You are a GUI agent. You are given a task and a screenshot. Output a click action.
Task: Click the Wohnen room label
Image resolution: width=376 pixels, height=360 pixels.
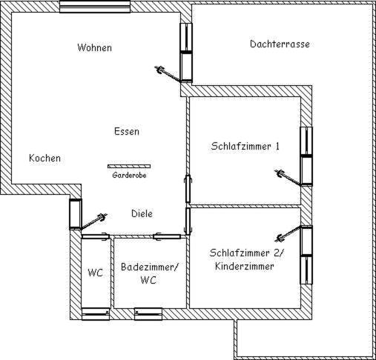[94, 47]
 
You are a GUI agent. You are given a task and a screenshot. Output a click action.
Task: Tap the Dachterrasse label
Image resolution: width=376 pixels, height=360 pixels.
[280, 44]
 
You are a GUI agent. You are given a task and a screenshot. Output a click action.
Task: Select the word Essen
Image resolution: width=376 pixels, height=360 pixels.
[127, 131]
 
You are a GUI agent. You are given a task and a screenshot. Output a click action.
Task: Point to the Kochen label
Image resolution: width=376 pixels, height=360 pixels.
[44, 158]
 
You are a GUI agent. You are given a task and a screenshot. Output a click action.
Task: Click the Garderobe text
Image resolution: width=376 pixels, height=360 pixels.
[129, 175]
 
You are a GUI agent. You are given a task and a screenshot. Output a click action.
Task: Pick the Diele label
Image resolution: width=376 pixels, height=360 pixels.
[142, 213]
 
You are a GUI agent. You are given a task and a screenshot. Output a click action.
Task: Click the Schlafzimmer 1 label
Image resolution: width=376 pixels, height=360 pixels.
[245, 146]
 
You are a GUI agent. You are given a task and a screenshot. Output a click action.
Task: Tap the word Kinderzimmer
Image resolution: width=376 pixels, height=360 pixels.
[245, 267]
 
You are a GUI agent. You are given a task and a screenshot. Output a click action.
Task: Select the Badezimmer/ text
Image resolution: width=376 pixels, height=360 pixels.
[149, 267]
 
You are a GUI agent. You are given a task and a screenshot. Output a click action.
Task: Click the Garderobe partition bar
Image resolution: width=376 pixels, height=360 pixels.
[129, 167]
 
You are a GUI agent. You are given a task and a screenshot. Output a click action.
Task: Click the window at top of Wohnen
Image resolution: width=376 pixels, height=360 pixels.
[95, 7]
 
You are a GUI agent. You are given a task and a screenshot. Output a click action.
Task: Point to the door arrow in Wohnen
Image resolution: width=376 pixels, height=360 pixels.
[167, 74]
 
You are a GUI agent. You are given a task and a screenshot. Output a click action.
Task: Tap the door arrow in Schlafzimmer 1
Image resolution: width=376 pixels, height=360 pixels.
[288, 178]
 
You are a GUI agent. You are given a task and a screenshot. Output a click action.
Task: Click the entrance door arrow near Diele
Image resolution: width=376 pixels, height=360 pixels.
[94, 221]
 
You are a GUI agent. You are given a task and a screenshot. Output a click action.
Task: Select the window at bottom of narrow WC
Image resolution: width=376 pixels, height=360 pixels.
[96, 314]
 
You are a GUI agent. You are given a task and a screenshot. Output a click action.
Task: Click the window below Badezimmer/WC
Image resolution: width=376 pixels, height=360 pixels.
[148, 314]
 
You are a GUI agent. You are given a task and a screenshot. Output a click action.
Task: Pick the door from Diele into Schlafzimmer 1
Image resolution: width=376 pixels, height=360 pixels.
[188, 189]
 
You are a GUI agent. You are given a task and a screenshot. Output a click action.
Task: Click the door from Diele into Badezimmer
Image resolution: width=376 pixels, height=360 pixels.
[167, 236]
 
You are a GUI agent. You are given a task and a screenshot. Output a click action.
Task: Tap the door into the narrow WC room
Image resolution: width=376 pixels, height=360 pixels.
[96, 236]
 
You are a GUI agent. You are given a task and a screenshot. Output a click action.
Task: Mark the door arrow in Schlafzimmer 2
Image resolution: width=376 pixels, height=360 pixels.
[288, 233]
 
